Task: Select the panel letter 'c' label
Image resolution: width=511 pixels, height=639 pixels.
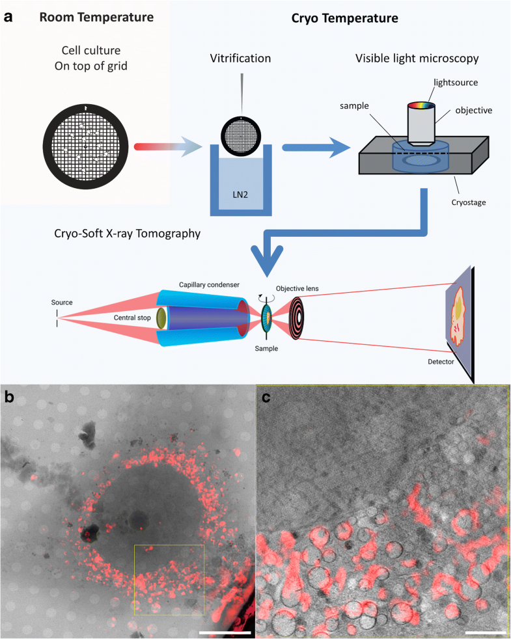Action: tap(266, 397)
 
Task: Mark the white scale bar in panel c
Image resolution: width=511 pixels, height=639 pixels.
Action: tap(486, 631)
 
